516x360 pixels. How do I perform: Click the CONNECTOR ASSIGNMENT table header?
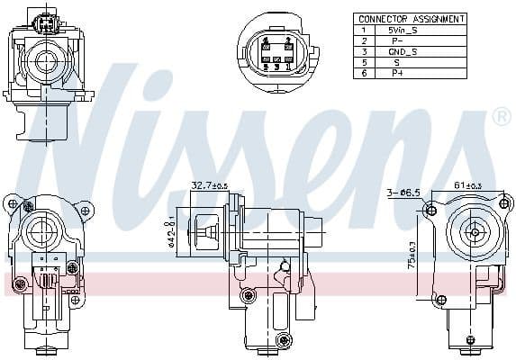411,18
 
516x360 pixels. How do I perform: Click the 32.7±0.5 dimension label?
208,185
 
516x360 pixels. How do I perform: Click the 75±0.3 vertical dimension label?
412,256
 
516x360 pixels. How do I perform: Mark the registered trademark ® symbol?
502,117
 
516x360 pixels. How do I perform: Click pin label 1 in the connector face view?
287,66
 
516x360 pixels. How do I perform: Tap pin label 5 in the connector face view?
267,66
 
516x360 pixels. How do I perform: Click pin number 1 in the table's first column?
365,30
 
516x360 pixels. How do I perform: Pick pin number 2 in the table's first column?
365,41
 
